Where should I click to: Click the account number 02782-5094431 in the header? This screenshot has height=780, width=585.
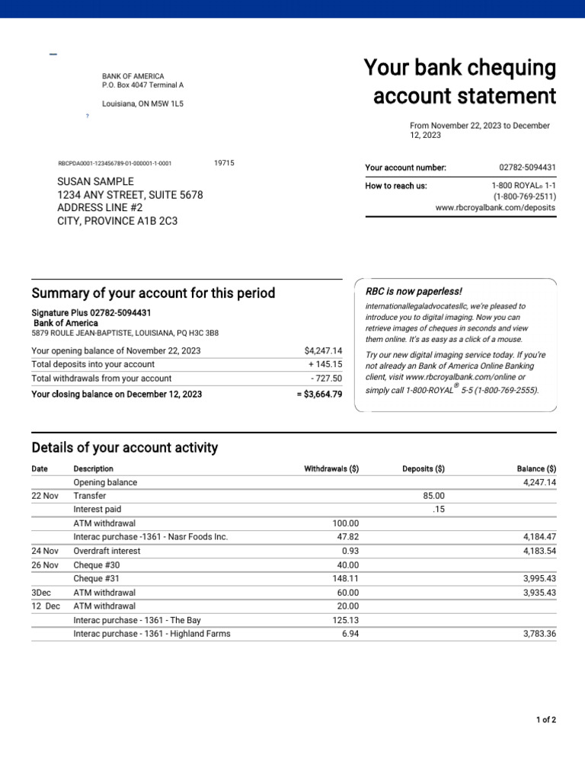pyautogui.click(x=527, y=168)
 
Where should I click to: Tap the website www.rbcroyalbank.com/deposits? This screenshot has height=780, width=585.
pyautogui.click(x=495, y=207)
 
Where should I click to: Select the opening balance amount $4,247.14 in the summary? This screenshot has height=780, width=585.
pyautogui.click(x=323, y=350)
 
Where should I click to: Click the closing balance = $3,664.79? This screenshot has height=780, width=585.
pyautogui.click(x=320, y=394)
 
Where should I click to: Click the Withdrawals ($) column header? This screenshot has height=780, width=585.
pyautogui.click(x=331, y=469)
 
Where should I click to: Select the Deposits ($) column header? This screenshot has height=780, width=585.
pyautogui.click(x=424, y=469)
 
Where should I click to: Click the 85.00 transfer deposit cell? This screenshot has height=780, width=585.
pyautogui.click(x=433, y=496)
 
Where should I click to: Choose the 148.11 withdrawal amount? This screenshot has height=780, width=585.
pyautogui.click(x=345, y=579)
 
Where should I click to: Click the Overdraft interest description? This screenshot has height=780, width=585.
pyautogui.click(x=107, y=551)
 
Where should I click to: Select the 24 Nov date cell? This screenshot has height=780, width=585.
pyautogui.click(x=45, y=551)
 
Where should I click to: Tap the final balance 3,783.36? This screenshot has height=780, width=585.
pyautogui.click(x=537, y=634)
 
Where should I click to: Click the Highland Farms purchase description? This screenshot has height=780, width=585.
pyautogui.click(x=152, y=634)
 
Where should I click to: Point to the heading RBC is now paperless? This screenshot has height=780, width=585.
pyautogui.click(x=414, y=292)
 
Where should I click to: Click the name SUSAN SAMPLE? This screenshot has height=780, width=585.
pyautogui.click(x=96, y=181)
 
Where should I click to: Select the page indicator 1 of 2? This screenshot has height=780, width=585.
pyautogui.click(x=546, y=720)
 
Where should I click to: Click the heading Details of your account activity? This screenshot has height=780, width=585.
pyautogui.click(x=125, y=448)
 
